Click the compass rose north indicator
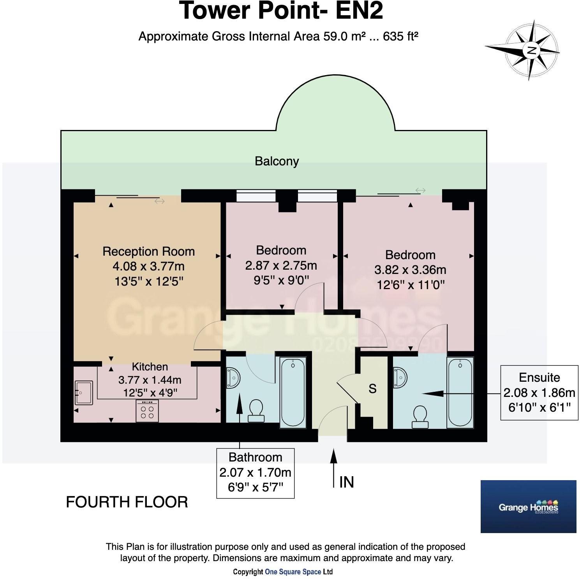(x=531, y=50)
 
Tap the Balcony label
(x=277, y=161)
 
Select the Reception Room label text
(x=148, y=251)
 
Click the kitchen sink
(x=83, y=392)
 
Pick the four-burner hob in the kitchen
(x=147, y=411)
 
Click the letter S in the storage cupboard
(x=372, y=389)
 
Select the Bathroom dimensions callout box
(x=255, y=473)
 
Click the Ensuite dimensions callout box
(x=539, y=393)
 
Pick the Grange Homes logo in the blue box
(x=528, y=507)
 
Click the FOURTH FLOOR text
(x=127, y=502)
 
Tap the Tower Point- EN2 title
(x=281, y=11)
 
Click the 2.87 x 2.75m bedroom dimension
(x=281, y=265)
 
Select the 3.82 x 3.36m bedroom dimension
(x=410, y=270)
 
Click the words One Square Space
(x=293, y=572)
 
